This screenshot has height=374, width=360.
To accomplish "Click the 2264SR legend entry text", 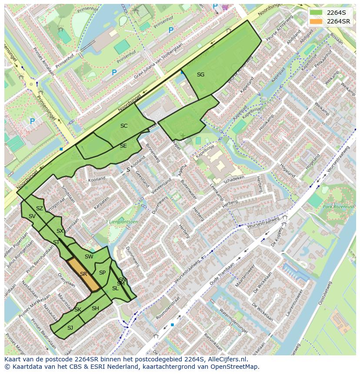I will tap(338, 21).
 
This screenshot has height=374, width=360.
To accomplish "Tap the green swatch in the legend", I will tap(317, 13).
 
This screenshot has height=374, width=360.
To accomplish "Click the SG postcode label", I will tap(200, 75).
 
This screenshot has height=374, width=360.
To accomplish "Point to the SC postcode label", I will tap(124, 126).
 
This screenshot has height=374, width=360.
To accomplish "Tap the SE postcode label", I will tap(123, 146).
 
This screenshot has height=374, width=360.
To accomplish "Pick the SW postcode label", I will tap(89, 257).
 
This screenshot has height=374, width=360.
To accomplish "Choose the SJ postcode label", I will tap(70, 328).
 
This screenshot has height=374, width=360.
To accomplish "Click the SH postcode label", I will tap(95, 308).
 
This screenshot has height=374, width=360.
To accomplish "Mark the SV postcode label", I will tap(32, 216).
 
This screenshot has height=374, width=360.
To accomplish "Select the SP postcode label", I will tap(102, 273).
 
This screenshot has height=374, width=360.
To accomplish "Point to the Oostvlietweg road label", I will tap(325, 293).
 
